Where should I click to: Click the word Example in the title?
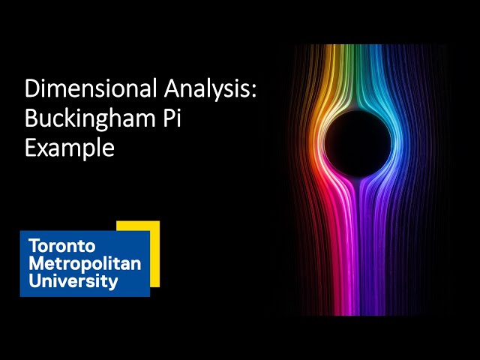tap(69, 146)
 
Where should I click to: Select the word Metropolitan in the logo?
tap(84, 263)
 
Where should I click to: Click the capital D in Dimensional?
tap(32, 89)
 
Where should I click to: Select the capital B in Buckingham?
tap(31, 118)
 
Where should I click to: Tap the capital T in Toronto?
tap(33, 246)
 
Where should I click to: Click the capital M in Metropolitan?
tap(35, 263)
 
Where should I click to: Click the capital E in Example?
tap(31, 146)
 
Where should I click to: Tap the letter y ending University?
tap(113, 283)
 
